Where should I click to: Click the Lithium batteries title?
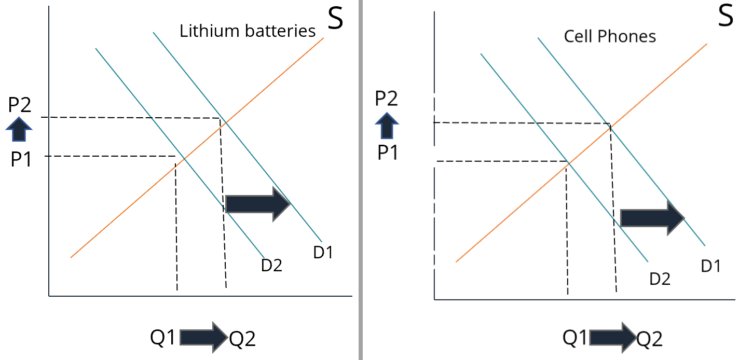[x=248, y=31]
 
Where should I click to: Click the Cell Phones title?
[x=610, y=36]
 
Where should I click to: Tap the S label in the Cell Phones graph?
[x=726, y=17]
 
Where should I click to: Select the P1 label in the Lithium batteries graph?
[x=21, y=160]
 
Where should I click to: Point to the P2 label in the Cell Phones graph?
[x=387, y=98]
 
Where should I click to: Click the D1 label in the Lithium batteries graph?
[x=323, y=252]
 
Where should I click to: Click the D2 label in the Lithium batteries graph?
[x=271, y=265]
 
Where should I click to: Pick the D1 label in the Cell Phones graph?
[x=711, y=266]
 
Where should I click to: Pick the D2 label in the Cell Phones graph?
[x=660, y=279]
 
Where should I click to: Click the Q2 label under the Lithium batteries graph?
[x=242, y=340]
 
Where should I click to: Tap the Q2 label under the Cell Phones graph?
[x=650, y=340]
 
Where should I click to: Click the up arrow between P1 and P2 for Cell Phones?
[x=387, y=126]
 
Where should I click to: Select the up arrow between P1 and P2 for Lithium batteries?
[x=19, y=130]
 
